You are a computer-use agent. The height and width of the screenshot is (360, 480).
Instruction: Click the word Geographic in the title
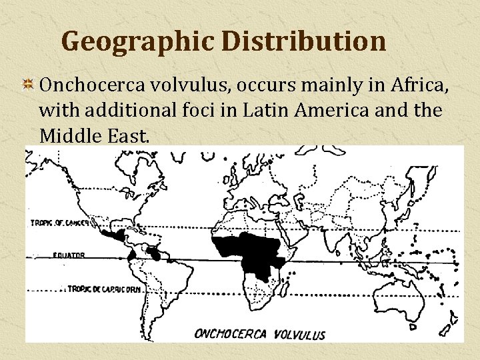tap(137, 41)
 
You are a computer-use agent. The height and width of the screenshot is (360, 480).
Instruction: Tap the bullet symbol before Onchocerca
tap(29, 85)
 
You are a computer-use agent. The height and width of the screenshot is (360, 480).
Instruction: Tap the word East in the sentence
tap(131, 135)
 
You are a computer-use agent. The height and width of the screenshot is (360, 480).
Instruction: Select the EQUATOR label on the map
tap(69, 255)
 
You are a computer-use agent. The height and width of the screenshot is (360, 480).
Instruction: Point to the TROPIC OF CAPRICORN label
tap(105, 288)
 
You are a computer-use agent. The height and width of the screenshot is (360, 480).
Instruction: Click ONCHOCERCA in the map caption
tap(231, 333)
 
